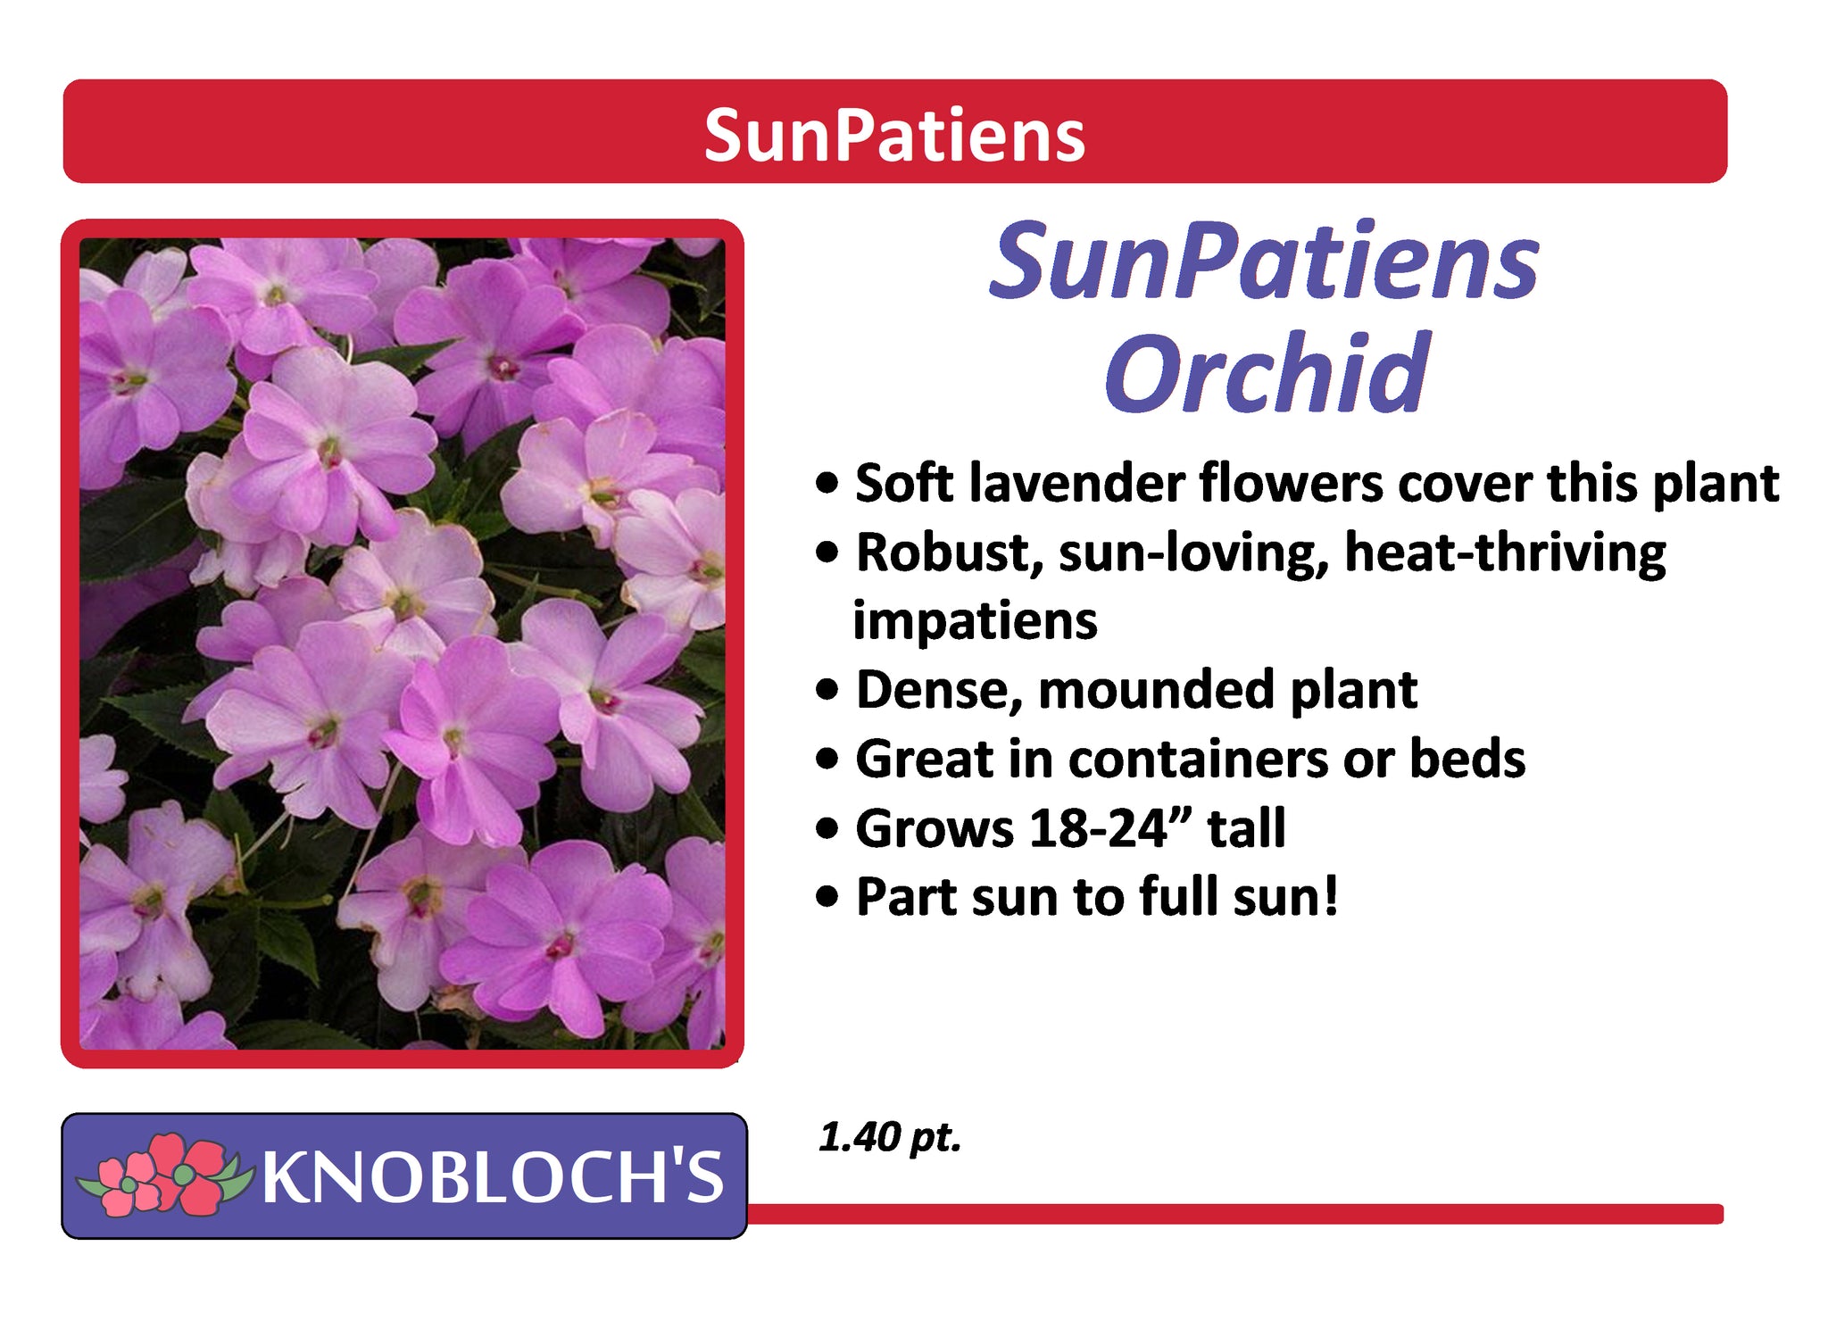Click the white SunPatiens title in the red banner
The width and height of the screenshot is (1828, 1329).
click(894, 136)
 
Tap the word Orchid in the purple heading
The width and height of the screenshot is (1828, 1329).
click(1267, 372)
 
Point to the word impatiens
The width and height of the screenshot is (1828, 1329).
click(975, 620)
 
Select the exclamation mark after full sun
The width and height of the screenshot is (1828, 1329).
click(1330, 895)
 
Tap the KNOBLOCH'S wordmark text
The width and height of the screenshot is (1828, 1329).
click(492, 1176)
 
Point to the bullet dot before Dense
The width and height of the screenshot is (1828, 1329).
click(827, 690)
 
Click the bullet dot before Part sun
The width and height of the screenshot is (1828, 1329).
click(827, 897)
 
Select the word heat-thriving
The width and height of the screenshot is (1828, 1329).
click(1505, 554)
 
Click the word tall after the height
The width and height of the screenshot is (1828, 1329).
click(1246, 828)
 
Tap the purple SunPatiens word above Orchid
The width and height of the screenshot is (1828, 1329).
click(1264, 262)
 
